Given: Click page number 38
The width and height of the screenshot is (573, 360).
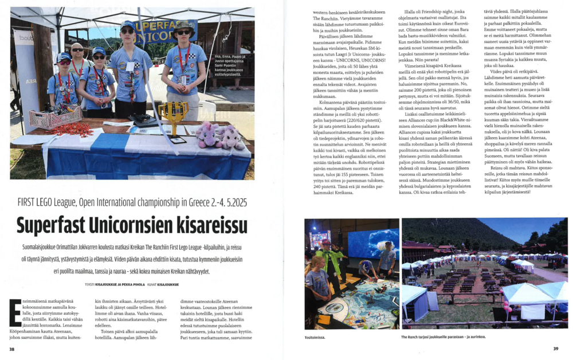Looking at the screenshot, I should click(12, 349).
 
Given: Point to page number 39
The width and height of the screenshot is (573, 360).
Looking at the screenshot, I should click(555, 349).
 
